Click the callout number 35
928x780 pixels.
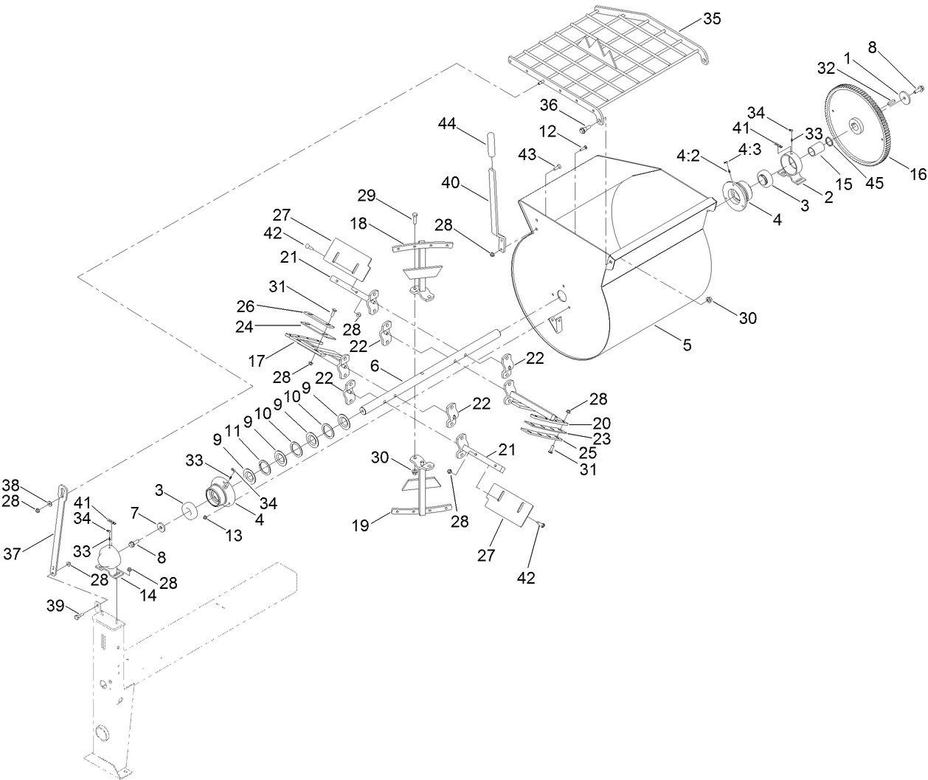pyautogui.click(x=712, y=18)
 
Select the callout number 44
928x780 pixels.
pyautogui.click(x=447, y=124)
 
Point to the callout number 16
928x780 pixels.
pyautogui.click(x=918, y=174)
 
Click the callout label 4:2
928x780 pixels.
pyautogui.click(x=688, y=156)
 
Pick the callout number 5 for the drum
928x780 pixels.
pyautogui.click(x=687, y=345)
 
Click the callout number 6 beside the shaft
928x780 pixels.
pyautogui.click(x=375, y=366)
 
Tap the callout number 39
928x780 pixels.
pyautogui.click(x=55, y=606)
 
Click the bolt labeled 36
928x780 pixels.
pyautogui.click(x=583, y=129)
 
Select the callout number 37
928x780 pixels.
pyautogui.click(x=12, y=554)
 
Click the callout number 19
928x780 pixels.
pyautogui.click(x=361, y=525)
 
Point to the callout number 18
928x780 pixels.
pyautogui.click(x=359, y=224)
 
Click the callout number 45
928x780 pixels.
pyautogui.click(x=875, y=183)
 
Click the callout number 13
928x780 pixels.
pyautogui.click(x=234, y=536)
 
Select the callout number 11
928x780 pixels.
pyautogui.click(x=232, y=431)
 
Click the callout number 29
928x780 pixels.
pyautogui.click(x=367, y=196)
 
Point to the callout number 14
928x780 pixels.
pyautogui.click(x=148, y=596)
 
